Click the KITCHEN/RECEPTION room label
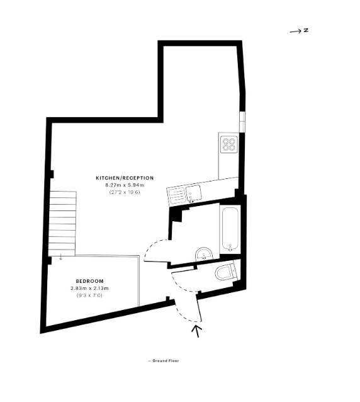click(125, 178)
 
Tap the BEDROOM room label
click(89, 281)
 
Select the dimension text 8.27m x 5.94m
click(125, 185)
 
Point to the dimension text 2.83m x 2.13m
click(89, 288)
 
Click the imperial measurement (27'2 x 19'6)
click(125, 192)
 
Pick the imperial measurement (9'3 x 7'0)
click(89, 296)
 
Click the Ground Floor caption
click(164, 360)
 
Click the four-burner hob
click(229, 144)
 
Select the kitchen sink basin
click(193, 193)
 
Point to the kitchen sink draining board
click(176, 196)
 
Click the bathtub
click(230, 229)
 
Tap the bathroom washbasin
click(204, 255)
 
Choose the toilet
click(226, 272)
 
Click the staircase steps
click(63, 223)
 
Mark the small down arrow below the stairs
click(60, 257)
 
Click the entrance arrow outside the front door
click(197, 331)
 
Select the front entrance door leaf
click(199, 308)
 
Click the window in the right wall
click(242, 122)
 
